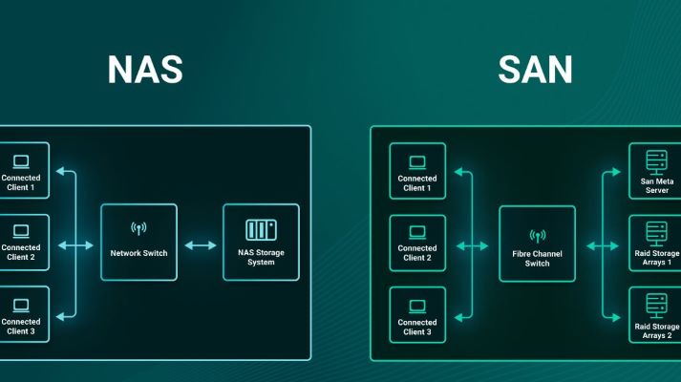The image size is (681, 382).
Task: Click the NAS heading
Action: pyautogui.click(x=144, y=70)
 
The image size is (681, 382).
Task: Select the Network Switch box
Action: pyautogui.click(x=138, y=242)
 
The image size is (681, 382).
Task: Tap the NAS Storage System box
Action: pyautogui.click(x=261, y=242)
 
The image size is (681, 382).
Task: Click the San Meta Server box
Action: pyautogui.click(x=655, y=170)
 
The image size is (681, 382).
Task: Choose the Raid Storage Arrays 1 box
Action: pyautogui.click(x=655, y=243)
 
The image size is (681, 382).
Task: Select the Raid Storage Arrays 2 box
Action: pyautogui.click(x=655, y=315)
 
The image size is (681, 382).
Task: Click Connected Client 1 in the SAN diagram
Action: pyautogui.click(x=417, y=170)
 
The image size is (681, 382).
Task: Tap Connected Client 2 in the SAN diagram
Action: pyautogui.click(x=417, y=243)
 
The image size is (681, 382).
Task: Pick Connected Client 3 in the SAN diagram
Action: pyautogui.click(x=417, y=315)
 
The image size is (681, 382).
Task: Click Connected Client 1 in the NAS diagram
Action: pyautogui.click(x=21, y=170)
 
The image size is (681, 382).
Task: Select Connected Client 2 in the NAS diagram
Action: pyautogui.click(x=21, y=243)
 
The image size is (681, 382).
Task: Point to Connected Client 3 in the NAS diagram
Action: pyautogui.click(x=21, y=315)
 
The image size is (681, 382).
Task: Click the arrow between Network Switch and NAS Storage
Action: pyautogui.click(x=200, y=245)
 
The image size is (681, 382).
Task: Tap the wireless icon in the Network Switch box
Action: pyautogui.click(x=138, y=229)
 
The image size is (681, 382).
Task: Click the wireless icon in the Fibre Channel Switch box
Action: pyautogui.click(x=538, y=234)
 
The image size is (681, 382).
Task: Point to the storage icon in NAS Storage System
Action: pyautogui.click(x=261, y=229)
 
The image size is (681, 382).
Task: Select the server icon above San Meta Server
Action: pyautogui.click(x=657, y=159)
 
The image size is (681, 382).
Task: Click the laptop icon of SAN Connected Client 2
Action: pyautogui.click(x=417, y=231)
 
